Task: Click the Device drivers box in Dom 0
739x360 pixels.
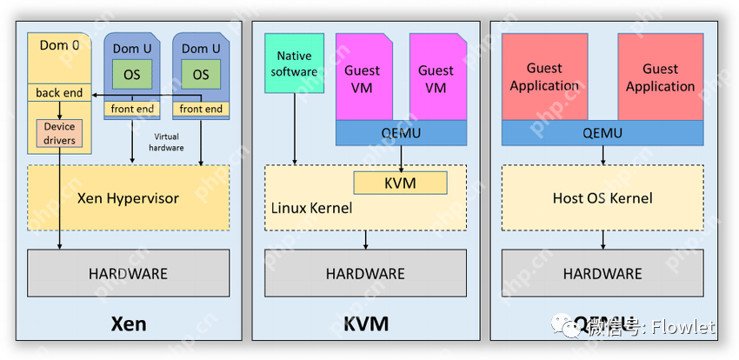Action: (59, 134)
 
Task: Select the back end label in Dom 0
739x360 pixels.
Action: (59, 93)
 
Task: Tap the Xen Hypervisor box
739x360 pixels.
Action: (128, 198)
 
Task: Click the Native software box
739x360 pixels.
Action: (294, 63)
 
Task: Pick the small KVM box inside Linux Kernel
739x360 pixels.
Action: (400, 183)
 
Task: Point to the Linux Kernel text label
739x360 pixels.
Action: (311, 208)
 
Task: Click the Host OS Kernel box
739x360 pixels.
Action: (603, 198)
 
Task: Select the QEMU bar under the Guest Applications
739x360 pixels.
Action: (603, 133)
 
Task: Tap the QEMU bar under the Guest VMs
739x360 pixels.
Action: (401, 133)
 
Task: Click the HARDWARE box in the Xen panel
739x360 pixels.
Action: (128, 273)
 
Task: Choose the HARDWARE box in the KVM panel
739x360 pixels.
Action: (365, 273)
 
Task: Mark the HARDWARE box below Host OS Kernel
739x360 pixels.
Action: (603, 273)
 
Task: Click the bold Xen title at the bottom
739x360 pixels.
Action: (128, 324)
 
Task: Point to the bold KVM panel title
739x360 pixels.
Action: (365, 324)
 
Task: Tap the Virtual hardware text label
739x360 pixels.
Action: (169, 143)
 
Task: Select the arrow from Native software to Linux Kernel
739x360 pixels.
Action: (295, 130)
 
